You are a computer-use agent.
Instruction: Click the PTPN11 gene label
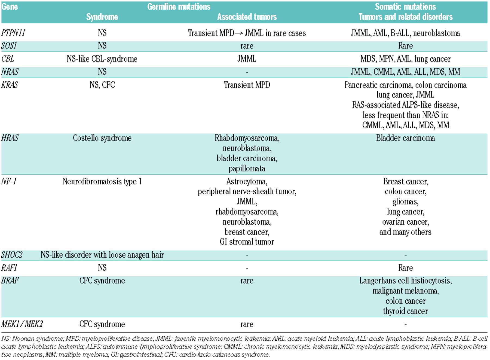[x=13, y=33]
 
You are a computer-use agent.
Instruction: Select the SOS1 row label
[x=9, y=46]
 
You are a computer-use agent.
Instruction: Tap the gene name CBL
[x=8, y=59]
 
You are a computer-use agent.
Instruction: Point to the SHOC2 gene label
[x=12, y=255]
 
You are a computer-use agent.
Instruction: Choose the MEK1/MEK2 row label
[x=22, y=324]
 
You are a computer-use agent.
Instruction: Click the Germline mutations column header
[x=179, y=7]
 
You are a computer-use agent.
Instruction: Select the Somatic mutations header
[x=405, y=7]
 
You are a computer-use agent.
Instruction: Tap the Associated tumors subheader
[x=247, y=17]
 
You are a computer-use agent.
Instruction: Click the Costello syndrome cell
[x=102, y=138]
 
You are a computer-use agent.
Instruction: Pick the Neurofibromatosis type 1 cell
[x=102, y=181]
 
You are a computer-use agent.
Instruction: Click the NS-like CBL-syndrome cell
[x=102, y=59]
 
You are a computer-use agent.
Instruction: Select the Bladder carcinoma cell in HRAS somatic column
[x=405, y=138]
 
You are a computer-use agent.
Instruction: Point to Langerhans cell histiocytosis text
[x=405, y=281]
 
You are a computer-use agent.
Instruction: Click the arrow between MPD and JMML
[x=239, y=33]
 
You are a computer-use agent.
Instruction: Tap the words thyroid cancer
[x=405, y=311]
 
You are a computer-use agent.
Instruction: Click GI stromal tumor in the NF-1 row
[x=247, y=242]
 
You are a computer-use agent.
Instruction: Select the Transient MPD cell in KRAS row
[x=247, y=85]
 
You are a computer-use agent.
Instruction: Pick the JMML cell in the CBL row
[x=247, y=59]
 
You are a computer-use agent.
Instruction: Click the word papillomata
[x=247, y=169]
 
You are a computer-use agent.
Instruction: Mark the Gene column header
[x=10, y=7]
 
